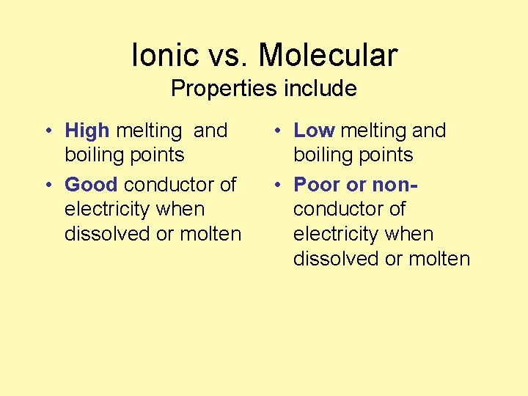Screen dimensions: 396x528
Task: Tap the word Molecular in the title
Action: pos(328,55)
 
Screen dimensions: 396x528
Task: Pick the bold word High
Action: pos(87,131)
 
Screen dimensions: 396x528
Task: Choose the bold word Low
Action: pos(314,131)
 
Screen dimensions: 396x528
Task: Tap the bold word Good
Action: pos(91,184)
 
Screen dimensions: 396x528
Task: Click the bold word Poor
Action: pos(318,184)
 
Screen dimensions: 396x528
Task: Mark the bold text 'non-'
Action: pos(395,184)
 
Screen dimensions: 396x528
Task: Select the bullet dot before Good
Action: pos(47,186)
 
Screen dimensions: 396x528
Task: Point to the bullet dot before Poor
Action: pos(276,186)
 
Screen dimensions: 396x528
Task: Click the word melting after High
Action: pos(149,131)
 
